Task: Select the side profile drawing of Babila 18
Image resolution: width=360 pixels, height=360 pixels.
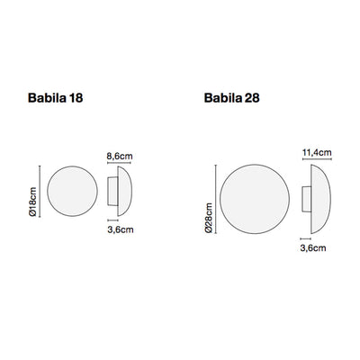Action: tap(115, 191)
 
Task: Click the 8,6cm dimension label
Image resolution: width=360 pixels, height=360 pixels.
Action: tap(119, 156)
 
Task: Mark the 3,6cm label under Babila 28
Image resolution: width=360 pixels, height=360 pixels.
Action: tap(310, 254)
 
